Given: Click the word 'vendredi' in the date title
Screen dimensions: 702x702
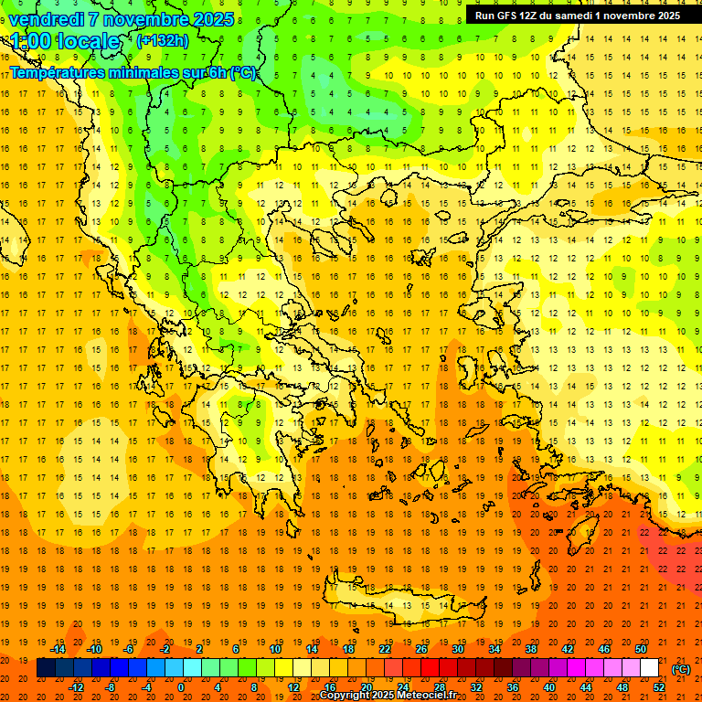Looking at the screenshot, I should tap(46, 19).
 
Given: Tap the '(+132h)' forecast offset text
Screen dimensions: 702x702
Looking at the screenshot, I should tap(163, 40).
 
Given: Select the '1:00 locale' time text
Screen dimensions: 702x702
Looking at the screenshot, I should tap(65, 41).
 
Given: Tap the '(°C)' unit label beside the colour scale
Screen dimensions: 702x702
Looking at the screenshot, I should tap(681, 669).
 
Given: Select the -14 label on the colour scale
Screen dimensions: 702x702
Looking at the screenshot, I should tap(58, 649).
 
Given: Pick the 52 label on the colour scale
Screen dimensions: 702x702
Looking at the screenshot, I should tap(659, 687).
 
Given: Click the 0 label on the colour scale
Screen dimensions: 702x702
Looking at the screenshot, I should tap(180, 687).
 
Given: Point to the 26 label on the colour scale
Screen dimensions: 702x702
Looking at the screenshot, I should tap(421, 649).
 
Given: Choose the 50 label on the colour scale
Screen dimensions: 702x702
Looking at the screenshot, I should tap(641, 649).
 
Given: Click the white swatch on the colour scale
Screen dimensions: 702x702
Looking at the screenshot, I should tap(650, 668).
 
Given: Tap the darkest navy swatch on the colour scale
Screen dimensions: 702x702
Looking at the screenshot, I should tap(46, 668).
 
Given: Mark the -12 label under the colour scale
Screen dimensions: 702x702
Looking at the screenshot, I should tap(76, 687).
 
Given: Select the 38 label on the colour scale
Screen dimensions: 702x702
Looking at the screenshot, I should tap(531, 649).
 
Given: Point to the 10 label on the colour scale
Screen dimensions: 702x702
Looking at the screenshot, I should tap(275, 649).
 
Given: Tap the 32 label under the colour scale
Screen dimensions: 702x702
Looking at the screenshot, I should tap(476, 687).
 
